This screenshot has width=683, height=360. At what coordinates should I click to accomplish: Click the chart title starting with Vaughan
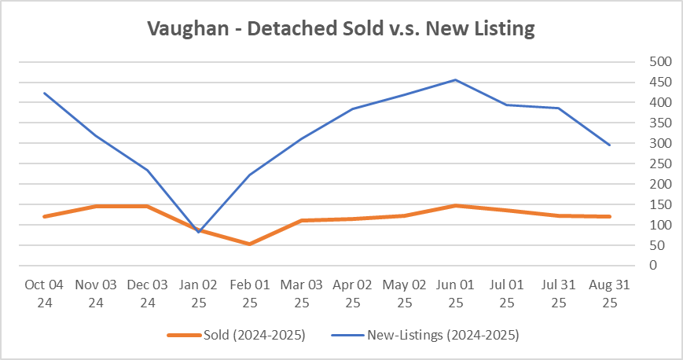(x=341, y=30)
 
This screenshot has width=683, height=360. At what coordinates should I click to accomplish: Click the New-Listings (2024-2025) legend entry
(x=442, y=335)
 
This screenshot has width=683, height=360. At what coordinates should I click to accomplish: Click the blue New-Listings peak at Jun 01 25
(x=455, y=79)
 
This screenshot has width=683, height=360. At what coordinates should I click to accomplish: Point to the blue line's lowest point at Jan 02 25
(x=198, y=233)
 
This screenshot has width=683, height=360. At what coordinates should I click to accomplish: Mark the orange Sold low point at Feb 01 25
(x=250, y=244)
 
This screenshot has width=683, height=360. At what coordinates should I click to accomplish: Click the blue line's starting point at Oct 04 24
(x=44, y=94)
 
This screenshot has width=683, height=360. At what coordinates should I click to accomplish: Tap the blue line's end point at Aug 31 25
(x=609, y=145)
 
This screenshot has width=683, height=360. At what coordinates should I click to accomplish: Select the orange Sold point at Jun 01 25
(x=455, y=206)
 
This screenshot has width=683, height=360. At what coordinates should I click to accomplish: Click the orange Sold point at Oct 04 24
(x=44, y=216)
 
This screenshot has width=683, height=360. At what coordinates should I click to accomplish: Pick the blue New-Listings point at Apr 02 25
(x=353, y=109)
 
